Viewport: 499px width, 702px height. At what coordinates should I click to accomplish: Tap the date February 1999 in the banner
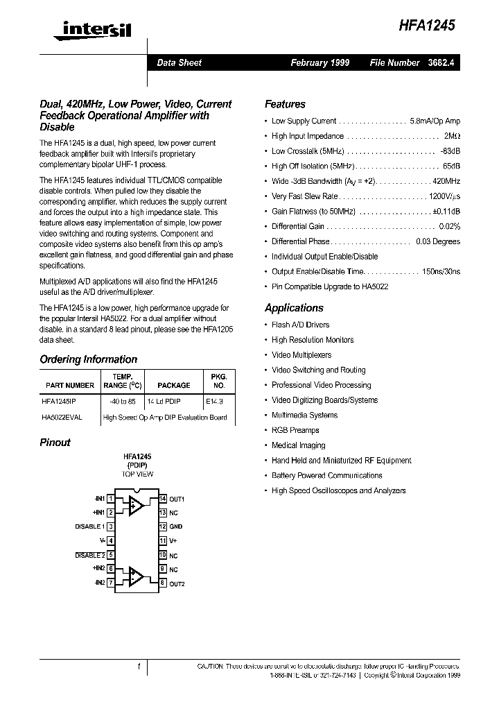coord(319,62)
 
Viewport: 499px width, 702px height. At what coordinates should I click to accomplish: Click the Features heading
coord(285,104)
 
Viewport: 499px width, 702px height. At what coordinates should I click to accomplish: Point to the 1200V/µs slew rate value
coord(444,196)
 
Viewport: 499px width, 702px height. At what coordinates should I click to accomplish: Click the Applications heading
coord(294,308)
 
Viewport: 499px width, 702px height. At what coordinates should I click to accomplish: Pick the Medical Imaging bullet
coord(298,445)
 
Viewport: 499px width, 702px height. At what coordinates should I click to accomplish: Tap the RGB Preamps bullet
coord(295,430)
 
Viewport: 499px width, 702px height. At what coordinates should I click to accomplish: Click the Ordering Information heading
coord(88,359)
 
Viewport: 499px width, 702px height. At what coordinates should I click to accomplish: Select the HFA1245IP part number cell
coord(63,400)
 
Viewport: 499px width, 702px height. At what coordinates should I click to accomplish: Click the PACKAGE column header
coord(173,385)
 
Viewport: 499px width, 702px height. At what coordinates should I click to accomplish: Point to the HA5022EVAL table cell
coord(62,417)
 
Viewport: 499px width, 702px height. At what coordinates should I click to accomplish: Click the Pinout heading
coord(55,443)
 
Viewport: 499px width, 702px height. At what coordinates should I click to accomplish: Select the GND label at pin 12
coord(175,526)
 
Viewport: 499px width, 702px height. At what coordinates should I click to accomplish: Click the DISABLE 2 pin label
coord(89,555)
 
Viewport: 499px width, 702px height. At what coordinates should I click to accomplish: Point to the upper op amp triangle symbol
coord(135,505)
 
